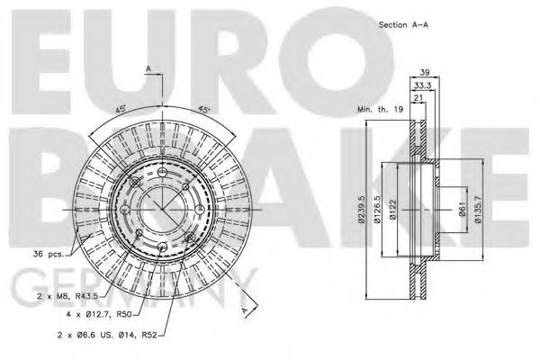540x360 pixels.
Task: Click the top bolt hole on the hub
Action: tap(160, 173)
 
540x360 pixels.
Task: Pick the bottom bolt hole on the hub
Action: tap(160, 248)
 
